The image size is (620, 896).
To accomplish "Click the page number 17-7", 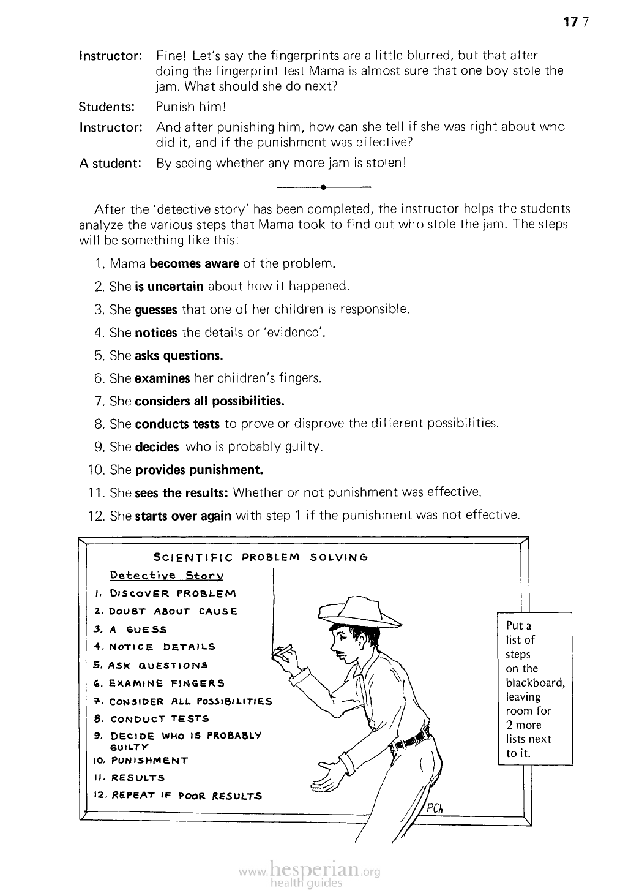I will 575,23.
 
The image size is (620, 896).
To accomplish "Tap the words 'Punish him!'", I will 191,107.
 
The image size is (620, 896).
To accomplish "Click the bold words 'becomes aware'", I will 194,264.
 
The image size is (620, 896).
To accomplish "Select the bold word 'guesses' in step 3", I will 155,309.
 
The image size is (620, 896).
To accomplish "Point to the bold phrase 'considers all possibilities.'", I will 209,401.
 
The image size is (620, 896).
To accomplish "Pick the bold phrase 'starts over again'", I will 182,516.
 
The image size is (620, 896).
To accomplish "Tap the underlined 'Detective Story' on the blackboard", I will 166,576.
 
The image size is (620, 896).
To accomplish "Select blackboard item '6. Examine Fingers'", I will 160,683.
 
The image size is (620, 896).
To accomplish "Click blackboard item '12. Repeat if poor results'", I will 177,796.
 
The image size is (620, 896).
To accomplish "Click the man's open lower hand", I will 327,777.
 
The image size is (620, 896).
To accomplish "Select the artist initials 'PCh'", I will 434,808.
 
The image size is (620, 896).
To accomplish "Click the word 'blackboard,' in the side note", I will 535,683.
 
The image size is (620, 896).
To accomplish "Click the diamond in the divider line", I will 323,186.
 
